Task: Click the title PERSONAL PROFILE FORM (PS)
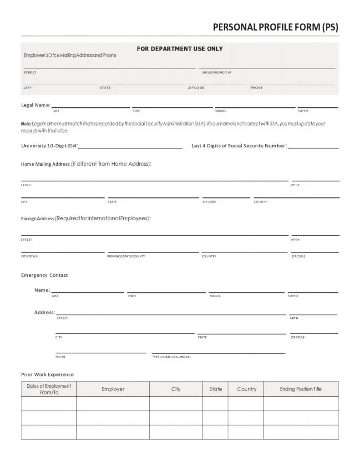pos(276,27)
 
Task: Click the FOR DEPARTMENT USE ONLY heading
pos(180,49)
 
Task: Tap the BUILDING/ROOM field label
pos(217,72)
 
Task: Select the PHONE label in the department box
pos(257,87)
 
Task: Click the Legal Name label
pos(35,105)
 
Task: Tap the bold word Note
pos(26,124)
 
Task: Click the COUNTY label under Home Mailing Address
pos(260,202)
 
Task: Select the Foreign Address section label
pos(38,218)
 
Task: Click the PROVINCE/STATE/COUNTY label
pos(126,256)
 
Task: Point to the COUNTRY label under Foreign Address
pos(209,256)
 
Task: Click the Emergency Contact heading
pos(45,275)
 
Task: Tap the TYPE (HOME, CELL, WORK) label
pos(172,357)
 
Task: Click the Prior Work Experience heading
pos(47,375)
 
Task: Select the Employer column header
pos(113,389)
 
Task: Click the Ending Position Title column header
pos(300,389)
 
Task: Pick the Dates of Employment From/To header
pos(49,389)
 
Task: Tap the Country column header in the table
pos(247,389)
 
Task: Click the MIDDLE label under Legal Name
pos(221,111)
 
